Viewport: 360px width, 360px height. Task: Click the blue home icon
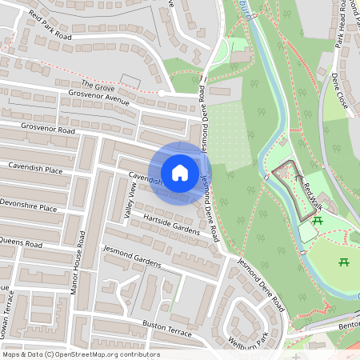180,173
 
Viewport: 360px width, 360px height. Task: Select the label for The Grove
98,84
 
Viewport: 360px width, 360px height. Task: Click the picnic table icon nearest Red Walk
318,220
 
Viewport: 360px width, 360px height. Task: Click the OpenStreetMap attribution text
81,354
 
